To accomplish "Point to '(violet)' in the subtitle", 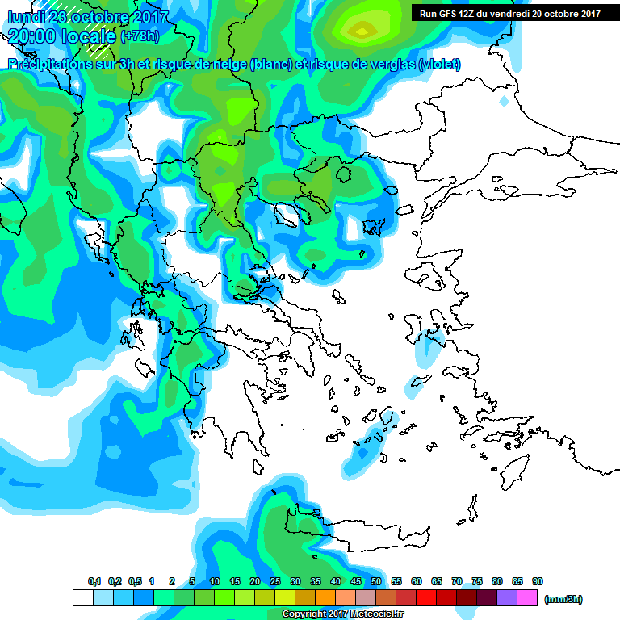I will pos(440,65).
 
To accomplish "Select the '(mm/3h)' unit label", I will pos(563,599).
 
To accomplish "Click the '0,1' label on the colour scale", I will pos(94,582).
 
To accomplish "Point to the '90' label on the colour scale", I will pos(538,582).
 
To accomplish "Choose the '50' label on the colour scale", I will pos(376,582).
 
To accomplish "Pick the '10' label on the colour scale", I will pos(215,582).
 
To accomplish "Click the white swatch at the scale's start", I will pos(82,598).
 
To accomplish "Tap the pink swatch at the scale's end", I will pos(527,598).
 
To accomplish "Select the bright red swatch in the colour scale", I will pos(426,598).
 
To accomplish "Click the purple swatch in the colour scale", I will pos(507,598).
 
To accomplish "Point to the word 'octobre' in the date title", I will pos(99,16).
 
